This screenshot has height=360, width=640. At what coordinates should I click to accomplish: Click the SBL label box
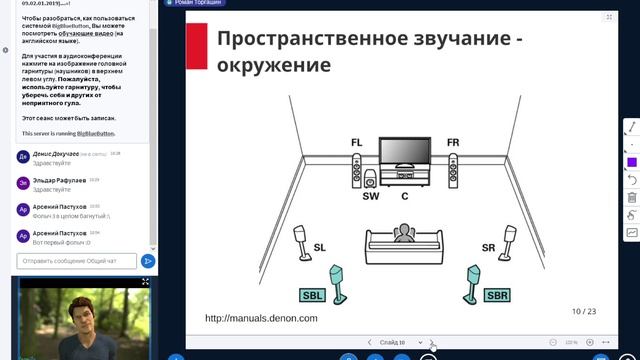312,295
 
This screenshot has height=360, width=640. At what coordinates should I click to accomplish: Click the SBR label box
497,295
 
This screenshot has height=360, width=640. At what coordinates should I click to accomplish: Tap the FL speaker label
357,143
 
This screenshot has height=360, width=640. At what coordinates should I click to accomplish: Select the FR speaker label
453,143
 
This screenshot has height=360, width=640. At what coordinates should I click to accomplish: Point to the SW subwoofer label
371,196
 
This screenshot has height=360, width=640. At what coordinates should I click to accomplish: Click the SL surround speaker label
320,247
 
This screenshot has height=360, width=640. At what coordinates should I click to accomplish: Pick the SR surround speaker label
489,247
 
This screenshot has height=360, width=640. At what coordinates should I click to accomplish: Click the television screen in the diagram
405,151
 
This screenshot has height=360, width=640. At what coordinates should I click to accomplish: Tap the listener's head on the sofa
403,232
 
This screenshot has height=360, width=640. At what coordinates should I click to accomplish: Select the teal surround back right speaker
470,283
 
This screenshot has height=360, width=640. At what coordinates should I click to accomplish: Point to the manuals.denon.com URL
261,318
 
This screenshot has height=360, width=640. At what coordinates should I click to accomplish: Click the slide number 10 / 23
584,311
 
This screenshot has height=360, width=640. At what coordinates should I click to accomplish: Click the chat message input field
74,261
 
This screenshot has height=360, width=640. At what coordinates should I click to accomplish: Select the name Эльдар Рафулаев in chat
59,180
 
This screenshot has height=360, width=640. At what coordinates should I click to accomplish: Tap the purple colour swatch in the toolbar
632,162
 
